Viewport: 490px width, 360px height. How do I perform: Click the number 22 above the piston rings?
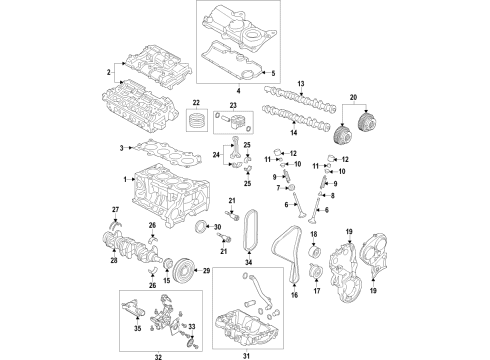[x=196, y=104]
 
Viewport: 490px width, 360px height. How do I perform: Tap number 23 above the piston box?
[x=232, y=104]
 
